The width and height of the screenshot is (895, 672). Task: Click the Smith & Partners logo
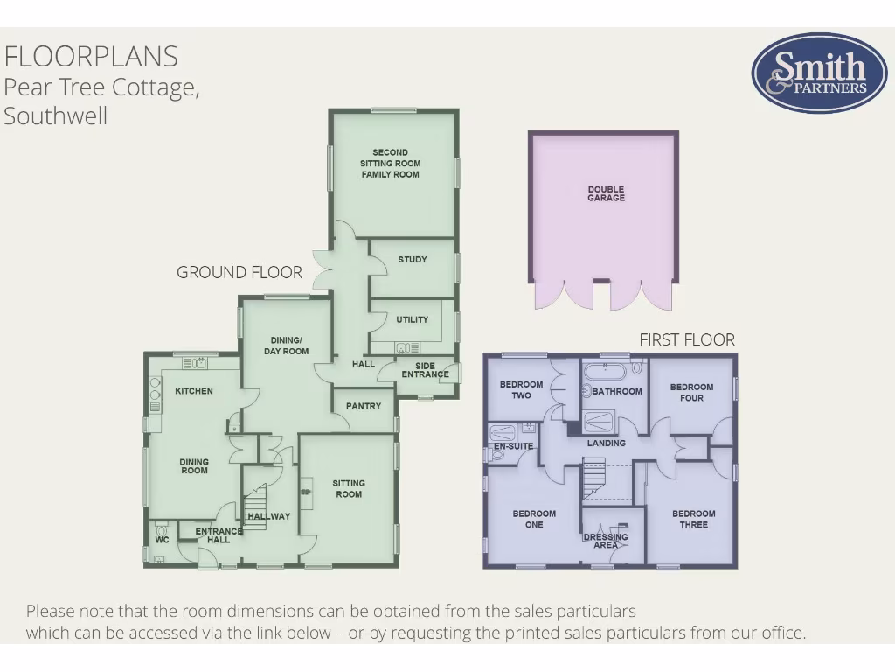tap(807, 73)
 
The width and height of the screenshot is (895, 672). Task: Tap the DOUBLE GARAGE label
tap(606, 193)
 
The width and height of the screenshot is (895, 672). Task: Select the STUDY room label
tap(412, 260)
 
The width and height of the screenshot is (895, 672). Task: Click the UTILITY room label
tap(412, 319)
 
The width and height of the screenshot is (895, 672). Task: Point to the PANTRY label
tap(364, 406)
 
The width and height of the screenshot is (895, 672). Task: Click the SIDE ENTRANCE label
tap(425, 370)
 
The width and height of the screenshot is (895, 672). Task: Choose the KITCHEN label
tap(194, 391)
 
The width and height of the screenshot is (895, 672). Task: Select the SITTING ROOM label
tap(349, 488)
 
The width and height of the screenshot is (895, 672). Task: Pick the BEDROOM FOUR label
tap(691, 392)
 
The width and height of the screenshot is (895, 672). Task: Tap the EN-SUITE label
tap(513, 446)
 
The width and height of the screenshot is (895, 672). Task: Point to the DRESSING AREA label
tap(606, 541)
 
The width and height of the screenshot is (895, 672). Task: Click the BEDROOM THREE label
tap(694, 519)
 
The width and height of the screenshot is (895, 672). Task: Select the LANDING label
tap(606, 443)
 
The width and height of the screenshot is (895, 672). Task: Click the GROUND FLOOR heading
tap(239, 272)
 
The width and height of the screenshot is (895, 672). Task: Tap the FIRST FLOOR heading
tap(687, 339)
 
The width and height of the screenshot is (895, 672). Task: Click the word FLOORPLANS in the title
tap(91, 56)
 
